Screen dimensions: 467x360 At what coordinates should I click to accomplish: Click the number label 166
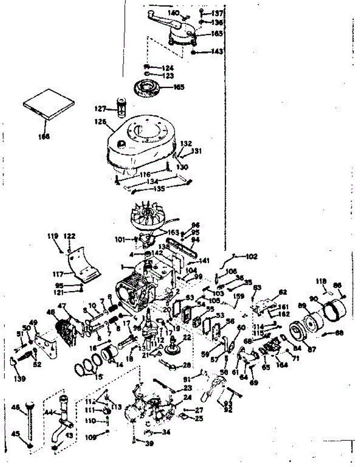(44, 137)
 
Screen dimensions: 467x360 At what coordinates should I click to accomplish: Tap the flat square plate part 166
(47, 104)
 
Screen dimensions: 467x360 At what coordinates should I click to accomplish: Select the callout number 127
(101, 108)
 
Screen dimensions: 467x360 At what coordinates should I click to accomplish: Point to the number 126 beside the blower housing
(102, 121)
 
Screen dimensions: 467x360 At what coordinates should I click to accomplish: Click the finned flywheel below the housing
(148, 216)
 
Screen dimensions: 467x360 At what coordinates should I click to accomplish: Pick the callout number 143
(217, 52)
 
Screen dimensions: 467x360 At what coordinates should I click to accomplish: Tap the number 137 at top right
(217, 13)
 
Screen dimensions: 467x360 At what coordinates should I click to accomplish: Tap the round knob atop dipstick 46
(29, 406)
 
